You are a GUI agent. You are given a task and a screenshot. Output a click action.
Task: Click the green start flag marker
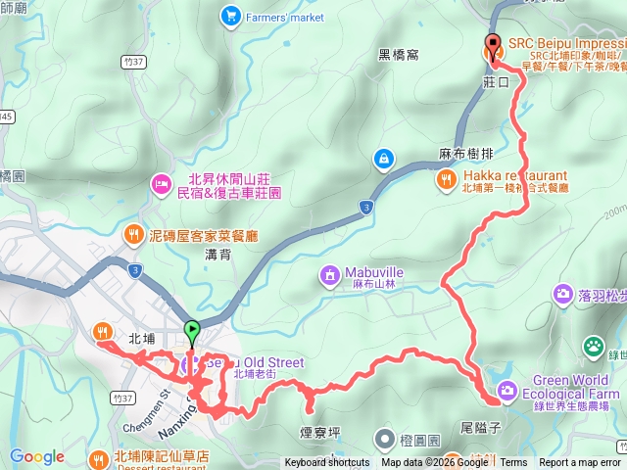(192, 330)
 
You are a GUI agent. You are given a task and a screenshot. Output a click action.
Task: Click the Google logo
(37, 456)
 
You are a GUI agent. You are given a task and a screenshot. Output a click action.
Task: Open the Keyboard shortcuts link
(327, 462)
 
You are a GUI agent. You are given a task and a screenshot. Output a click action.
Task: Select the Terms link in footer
(513, 462)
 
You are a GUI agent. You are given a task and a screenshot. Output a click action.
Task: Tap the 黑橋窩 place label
(399, 55)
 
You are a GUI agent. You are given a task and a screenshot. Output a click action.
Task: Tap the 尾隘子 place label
(480, 430)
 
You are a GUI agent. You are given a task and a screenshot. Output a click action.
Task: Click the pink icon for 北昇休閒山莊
(160, 183)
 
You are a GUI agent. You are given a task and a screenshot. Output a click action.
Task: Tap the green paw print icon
(594, 345)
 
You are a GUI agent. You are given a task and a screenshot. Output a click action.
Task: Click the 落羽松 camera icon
(563, 293)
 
